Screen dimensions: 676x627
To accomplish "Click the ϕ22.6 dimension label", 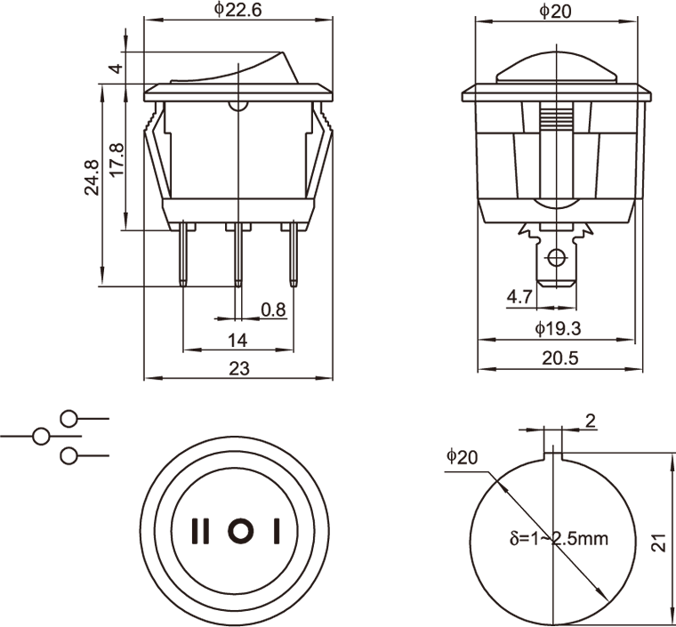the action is pyautogui.click(x=238, y=10).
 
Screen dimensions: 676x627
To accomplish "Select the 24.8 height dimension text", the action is pyautogui.click(x=92, y=178).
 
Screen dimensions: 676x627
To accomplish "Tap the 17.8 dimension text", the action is pyautogui.click(x=117, y=160).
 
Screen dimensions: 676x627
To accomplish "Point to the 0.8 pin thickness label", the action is pyautogui.click(x=273, y=309).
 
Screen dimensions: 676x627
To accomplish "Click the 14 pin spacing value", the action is pyautogui.click(x=237, y=341).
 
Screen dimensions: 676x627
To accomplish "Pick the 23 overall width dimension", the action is pyautogui.click(x=239, y=369).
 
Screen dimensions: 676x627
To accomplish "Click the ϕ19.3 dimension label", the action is pyautogui.click(x=558, y=329).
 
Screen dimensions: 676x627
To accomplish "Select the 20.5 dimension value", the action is pyautogui.click(x=559, y=358).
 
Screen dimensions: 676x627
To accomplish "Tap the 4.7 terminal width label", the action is pyautogui.click(x=519, y=297).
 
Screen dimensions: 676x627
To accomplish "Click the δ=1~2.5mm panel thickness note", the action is pyautogui.click(x=559, y=538).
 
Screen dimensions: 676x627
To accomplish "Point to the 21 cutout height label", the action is pyautogui.click(x=659, y=543).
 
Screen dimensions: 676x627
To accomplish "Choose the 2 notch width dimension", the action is pyautogui.click(x=591, y=421).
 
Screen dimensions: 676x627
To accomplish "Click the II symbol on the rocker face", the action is pyautogui.click(x=200, y=531).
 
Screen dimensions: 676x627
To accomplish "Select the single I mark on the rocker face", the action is pyautogui.click(x=277, y=531).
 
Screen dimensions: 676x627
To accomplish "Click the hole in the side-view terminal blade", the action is pyautogui.click(x=557, y=259).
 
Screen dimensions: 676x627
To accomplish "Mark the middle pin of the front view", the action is pyautogui.click(x=238, y=253).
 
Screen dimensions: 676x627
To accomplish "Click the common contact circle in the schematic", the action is pyautogui.click(x=41, y=437).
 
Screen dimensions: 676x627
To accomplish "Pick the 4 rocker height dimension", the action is pyautogui.click(x=117, y=68).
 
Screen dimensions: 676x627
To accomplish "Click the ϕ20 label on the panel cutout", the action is pyautogui.click(x=463, y=457).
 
